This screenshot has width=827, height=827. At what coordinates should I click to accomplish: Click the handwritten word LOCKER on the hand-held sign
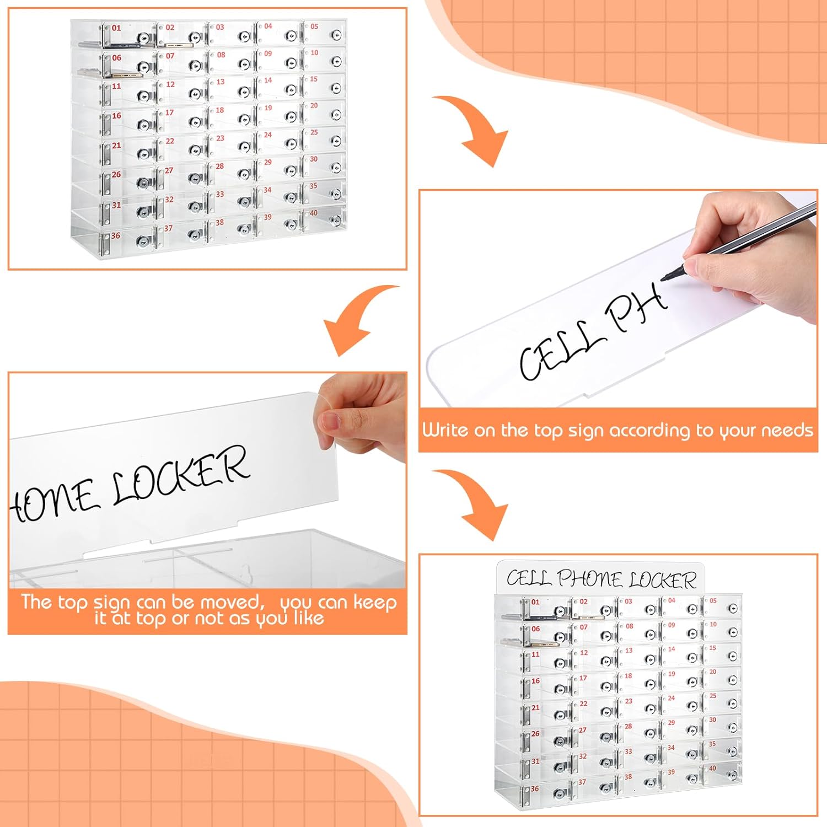[x=181, y=475]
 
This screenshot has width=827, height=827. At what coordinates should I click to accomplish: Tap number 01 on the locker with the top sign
[x=535, y=602]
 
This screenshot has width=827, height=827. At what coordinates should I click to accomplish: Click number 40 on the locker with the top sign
[x=713, y=768]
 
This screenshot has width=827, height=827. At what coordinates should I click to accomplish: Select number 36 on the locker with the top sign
[x=534, y=789]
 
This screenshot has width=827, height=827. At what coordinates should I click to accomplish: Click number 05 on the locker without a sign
[x=314, y=26]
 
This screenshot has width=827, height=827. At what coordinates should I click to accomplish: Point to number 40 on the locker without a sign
[x=314, y=213]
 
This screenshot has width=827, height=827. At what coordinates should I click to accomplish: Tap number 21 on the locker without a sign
[x=116, y=146]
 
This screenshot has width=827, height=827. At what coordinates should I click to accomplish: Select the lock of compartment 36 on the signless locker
[x=145, y=241]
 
